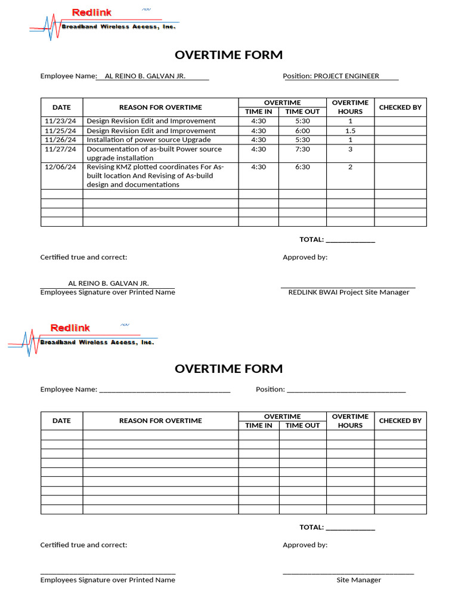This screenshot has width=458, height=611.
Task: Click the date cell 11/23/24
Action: click(60, 121)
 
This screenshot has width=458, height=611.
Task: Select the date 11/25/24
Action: click(60, 131)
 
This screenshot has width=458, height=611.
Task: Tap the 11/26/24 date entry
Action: click(60, 140)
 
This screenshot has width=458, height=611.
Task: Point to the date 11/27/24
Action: click(60, 149)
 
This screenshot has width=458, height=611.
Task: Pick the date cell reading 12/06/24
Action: click(60, 167)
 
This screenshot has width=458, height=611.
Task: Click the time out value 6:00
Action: click(302, 131)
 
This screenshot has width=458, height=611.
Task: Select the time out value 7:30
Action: click(302, 149)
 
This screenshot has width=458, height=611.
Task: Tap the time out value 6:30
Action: click(302, 167)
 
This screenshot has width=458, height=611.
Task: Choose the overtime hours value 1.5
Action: click(350, 131)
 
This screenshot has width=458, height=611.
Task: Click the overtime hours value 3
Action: click(350, 149)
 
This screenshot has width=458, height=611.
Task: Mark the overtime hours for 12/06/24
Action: click(350, 167)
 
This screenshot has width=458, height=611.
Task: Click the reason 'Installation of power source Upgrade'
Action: click(148, 140)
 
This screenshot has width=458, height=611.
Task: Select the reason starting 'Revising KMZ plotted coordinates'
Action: click(155, 167)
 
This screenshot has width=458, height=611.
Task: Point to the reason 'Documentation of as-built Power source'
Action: click(154, 149)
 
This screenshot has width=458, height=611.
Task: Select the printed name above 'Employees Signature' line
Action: click(108, 283)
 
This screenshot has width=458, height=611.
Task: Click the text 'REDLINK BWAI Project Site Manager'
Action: click(348, 292)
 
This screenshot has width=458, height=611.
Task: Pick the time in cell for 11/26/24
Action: click(258, 140)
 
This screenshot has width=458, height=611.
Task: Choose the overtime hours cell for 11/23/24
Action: click(350, 121)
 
